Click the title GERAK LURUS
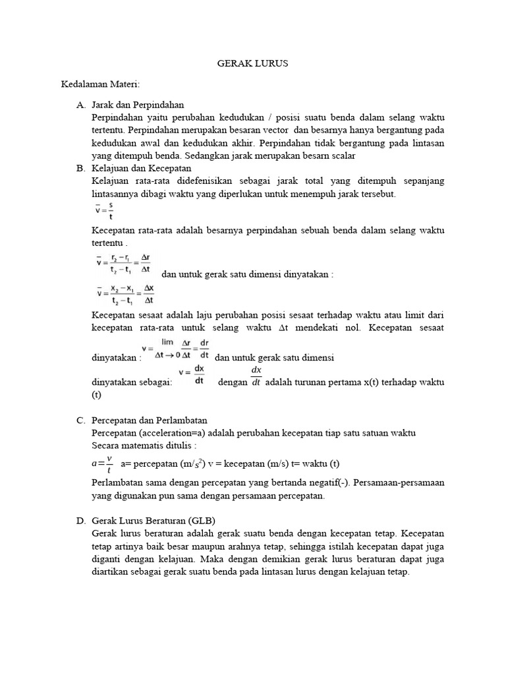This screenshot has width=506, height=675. (x=253, y=64)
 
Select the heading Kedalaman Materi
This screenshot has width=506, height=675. (x=101, y=84)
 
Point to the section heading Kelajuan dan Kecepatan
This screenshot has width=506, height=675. (x=142, y=168)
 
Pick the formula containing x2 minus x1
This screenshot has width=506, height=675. (x=123, y=294)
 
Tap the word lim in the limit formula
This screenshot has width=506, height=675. (x=167, y=342)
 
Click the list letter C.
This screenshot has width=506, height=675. (x=80, y=420)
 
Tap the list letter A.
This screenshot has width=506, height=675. (x=80, y=105)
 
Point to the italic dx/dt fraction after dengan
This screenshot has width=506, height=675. (x=256, y=376)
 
